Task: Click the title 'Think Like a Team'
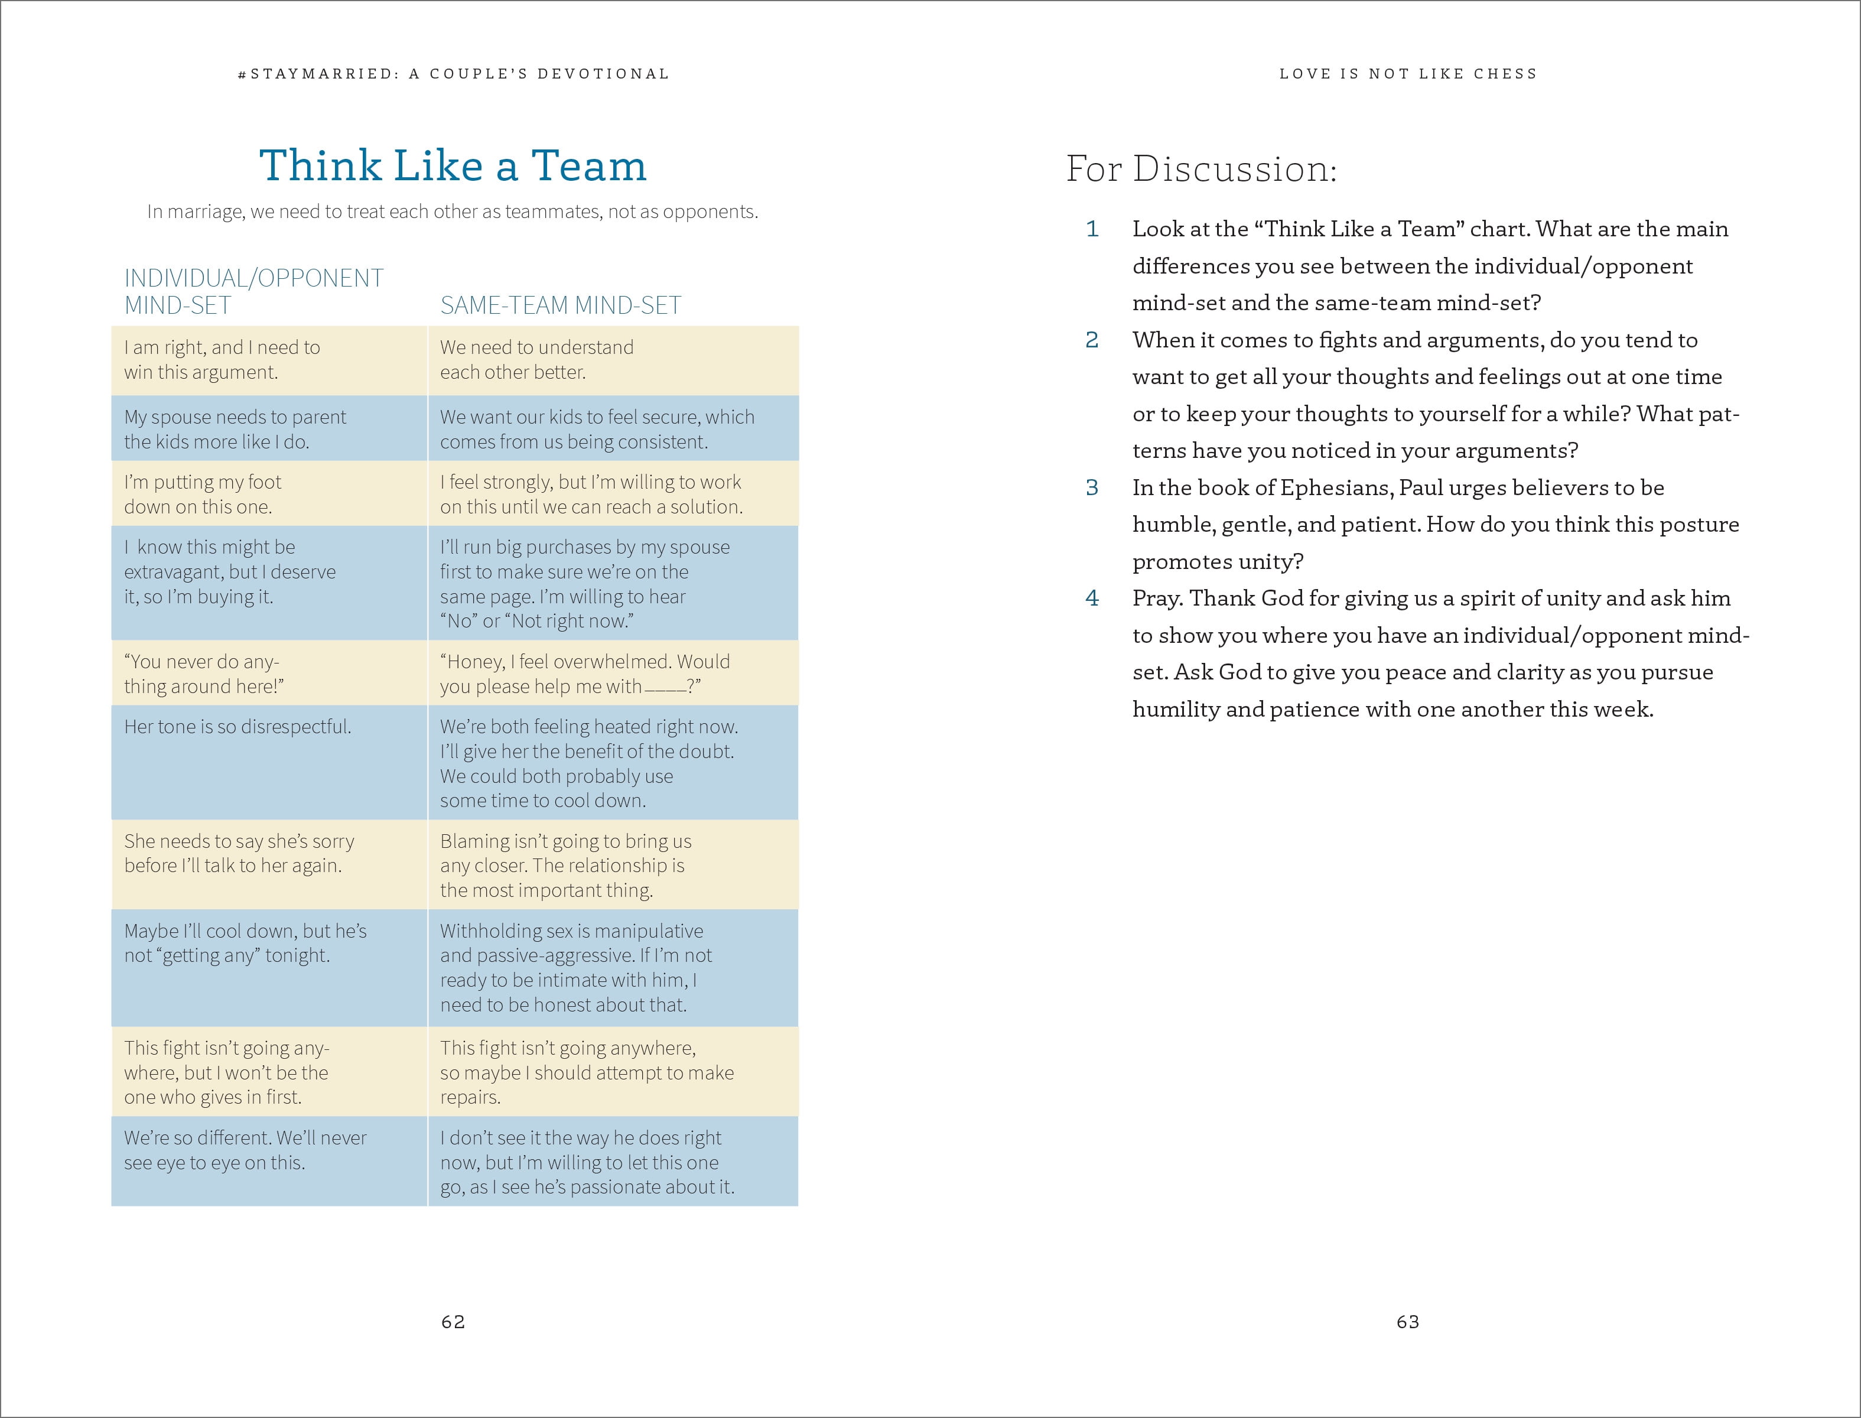(x=453, y=165)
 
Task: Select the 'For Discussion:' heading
(x=1201, y=169)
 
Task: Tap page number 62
(x=453, y=1322)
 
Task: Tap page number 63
(x=1408, y=1322)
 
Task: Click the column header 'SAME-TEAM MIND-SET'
(x=561, y=305)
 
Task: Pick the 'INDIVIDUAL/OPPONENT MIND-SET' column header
(x=253, y=291)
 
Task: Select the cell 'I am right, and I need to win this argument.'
(x=222, y=360)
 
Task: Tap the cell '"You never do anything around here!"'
(x=203, y=674)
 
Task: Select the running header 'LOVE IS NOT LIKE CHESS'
(x=1408, y=74)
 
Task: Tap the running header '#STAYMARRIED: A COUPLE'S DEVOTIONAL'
(x=453, y=74)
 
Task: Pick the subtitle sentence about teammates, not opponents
(x=453, y=212)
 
